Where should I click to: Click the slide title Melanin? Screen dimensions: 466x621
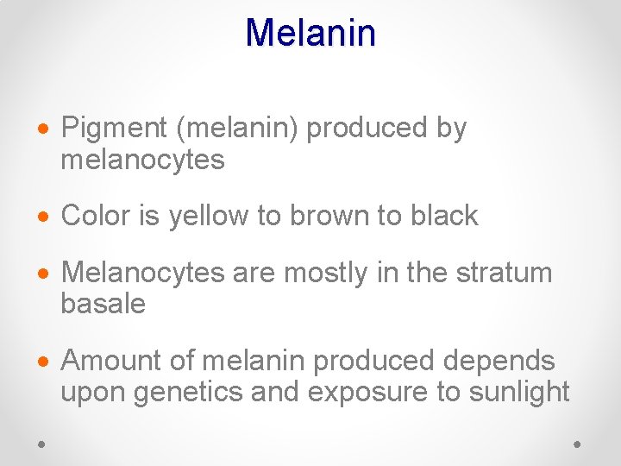(x=310, y=33)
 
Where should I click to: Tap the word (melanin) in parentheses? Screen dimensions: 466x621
(x=237, y=129)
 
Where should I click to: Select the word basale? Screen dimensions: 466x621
(x=103, y=304)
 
